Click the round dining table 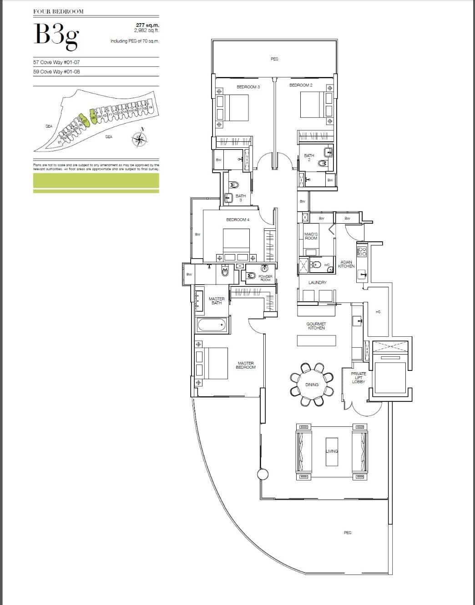[312, 385]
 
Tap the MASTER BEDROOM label [246, 365]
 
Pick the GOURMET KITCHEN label [316, 326]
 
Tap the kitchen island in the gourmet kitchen [316, 340]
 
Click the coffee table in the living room [332, 451]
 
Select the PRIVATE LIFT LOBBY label [359, 378]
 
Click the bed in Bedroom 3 [237, 107]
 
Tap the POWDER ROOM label [265, 278]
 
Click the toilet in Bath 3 [235, 185]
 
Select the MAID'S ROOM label [311, 236]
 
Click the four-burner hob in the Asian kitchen [362, 252]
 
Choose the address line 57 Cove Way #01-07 [56, 62]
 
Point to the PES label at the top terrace [274, 59]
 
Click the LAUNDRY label [317, 283]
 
